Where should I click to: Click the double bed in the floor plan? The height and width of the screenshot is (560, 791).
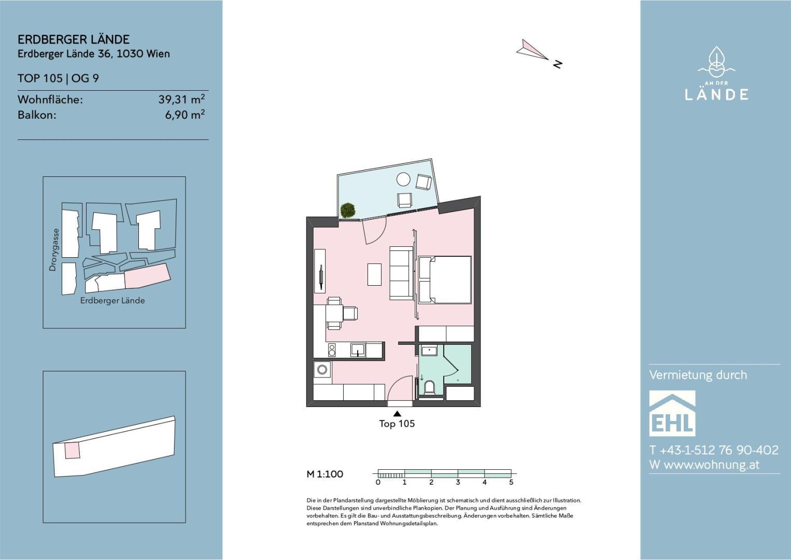445,280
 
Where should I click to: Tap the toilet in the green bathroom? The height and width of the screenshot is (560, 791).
430,387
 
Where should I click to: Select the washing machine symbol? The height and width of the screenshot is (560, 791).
322,370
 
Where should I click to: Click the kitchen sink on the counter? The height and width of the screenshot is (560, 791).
357,350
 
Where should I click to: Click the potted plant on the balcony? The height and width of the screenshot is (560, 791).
347,210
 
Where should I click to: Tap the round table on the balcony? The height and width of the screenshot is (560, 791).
403,179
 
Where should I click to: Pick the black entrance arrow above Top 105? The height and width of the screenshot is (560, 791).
397,413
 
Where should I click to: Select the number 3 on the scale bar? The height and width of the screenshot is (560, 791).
458,482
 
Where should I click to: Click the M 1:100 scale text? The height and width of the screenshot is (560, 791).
325,474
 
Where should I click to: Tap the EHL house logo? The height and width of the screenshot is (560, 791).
672,413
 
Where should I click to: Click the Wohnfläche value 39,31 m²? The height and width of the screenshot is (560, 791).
181,99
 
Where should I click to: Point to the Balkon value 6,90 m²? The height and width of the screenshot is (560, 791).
185,115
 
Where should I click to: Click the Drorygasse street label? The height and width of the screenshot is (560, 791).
53,250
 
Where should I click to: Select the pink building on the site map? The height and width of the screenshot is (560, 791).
148,276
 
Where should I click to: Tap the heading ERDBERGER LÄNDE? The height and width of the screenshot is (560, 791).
74,39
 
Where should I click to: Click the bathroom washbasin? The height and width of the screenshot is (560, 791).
428,351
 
